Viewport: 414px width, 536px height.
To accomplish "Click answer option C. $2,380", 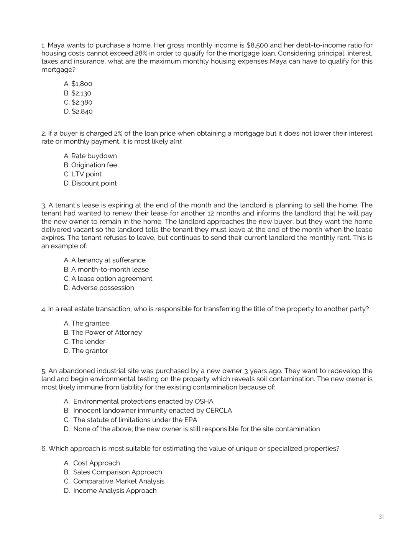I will [x=78, y=102].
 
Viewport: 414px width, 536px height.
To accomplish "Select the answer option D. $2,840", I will [x=78, y=112].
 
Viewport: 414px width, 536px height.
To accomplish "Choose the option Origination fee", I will [x=90, y=165].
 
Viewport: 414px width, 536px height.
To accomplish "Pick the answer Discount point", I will [x=90, y=183].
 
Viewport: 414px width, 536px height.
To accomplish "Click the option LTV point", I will [x=82, y=174].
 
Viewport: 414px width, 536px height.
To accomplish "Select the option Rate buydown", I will [x=90, y=156].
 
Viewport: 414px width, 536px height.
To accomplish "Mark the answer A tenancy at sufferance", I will [x=104, y=260].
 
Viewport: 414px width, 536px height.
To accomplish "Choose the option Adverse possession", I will [x=99, y=288].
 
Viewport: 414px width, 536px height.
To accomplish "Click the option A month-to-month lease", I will [x=106, y=270].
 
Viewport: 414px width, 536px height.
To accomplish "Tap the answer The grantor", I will [x=86, y=351].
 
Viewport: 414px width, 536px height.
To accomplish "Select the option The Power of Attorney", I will [x=102, y=332].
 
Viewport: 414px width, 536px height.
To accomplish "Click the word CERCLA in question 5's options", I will [x=219, y=411].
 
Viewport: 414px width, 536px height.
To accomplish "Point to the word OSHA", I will [x=204, y=401].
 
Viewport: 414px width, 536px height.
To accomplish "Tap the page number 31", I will [x=381, y=517].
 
